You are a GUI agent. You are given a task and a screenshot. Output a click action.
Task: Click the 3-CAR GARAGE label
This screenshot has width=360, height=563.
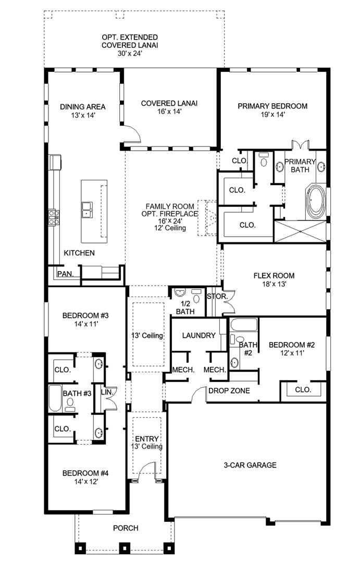[250, 465]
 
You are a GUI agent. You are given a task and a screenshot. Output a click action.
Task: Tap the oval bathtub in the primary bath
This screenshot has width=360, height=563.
[316, 201]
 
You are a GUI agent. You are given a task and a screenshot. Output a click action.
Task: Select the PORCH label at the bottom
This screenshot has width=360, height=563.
[126, 528]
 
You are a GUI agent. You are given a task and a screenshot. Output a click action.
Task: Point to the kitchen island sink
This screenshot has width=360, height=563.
[86, 210]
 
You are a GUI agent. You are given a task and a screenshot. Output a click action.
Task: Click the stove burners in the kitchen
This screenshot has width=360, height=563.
[53, 217]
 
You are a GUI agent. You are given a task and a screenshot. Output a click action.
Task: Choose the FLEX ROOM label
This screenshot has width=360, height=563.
[274, 276]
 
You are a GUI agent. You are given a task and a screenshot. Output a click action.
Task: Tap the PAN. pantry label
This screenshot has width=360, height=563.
[65, 274]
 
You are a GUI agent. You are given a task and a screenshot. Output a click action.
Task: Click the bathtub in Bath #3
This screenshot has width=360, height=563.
[55, 398]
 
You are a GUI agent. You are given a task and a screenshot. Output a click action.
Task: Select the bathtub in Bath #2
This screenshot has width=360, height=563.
[244, 324]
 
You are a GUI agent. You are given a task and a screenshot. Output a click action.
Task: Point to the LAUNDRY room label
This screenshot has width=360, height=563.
[198, 335]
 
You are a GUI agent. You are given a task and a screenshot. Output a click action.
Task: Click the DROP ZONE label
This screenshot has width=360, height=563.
[229, 390]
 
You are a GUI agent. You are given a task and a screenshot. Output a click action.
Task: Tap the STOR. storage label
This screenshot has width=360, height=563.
[217, 297]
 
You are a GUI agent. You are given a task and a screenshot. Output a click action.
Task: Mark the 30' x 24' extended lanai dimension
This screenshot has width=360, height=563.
[130, 54]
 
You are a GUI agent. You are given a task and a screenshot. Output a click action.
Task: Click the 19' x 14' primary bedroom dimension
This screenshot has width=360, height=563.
[272, 115]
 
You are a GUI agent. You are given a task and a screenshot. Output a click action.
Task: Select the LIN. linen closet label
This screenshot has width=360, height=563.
[107, 392]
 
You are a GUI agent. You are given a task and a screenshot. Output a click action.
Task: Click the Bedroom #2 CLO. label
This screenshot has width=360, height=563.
[303, 389]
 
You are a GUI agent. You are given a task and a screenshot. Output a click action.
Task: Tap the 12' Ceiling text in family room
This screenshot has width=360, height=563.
[170, 228]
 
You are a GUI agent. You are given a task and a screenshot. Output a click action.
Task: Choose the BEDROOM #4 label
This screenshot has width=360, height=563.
[85, 473]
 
